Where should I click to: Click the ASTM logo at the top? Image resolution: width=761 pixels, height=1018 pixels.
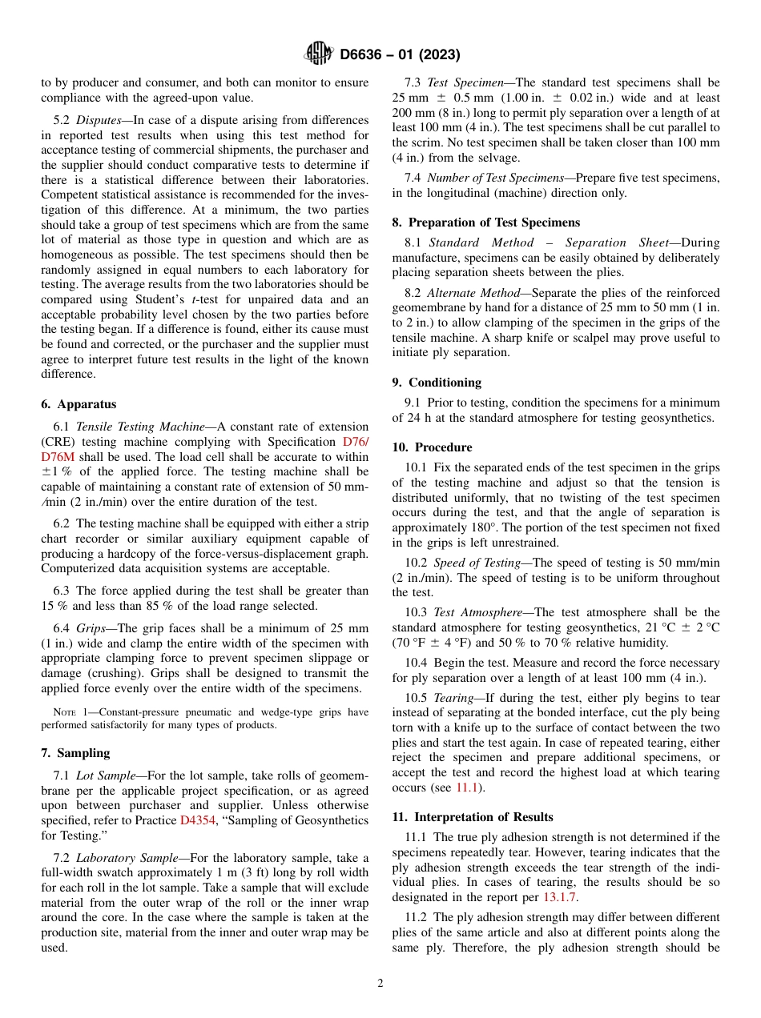pyautogui.click(x=318, y=54)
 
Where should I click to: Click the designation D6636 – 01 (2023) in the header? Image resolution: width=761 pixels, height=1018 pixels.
pyautogui.click(x=400, y=54)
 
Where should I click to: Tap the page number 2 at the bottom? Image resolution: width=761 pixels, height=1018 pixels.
pyautogui.click(x=380, y=983)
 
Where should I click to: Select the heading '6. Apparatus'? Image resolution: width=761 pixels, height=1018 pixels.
pyautogui.click(x=79, y=405)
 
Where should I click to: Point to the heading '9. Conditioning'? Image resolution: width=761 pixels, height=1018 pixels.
pyautogui.click(x=437, y=382)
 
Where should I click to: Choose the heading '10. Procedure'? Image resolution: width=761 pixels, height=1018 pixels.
pyautogui.click(x=432, y=447)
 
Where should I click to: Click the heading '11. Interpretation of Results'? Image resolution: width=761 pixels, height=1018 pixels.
pyautogui.click(x=473, y=817)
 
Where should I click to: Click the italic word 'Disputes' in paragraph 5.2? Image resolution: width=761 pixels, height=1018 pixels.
pyautogui.click(x=99, y=120)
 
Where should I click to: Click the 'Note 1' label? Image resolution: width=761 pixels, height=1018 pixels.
pyautogui.click(x=58, y=712)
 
